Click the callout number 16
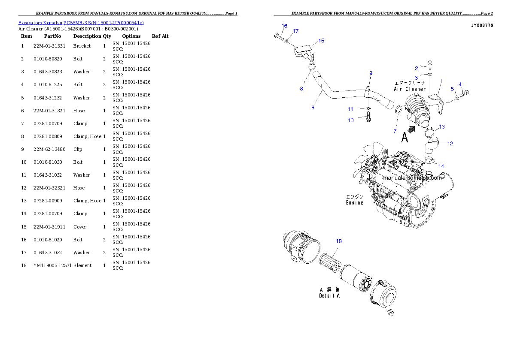click(x=284, y=26)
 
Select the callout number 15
click(x=321, y=41)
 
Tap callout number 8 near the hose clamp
click(x=301, y=89)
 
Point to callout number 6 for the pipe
click(x=313, y=108)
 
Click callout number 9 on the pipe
click(x=371, y=73)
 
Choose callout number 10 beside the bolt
click(x=351, y=120)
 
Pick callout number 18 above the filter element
click(x=339, y=241)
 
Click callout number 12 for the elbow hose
click(x=450, y=144)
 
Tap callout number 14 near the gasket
click(x=441, y=166)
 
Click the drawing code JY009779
click(x=482, y=26)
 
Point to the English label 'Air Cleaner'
click(x=410, y=89)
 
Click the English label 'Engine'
click(x=355, y=203)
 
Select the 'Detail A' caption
click(x=329, y=296)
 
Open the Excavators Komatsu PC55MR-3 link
click(x=81, y=22)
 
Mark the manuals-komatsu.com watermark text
click(x=412, y=177)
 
